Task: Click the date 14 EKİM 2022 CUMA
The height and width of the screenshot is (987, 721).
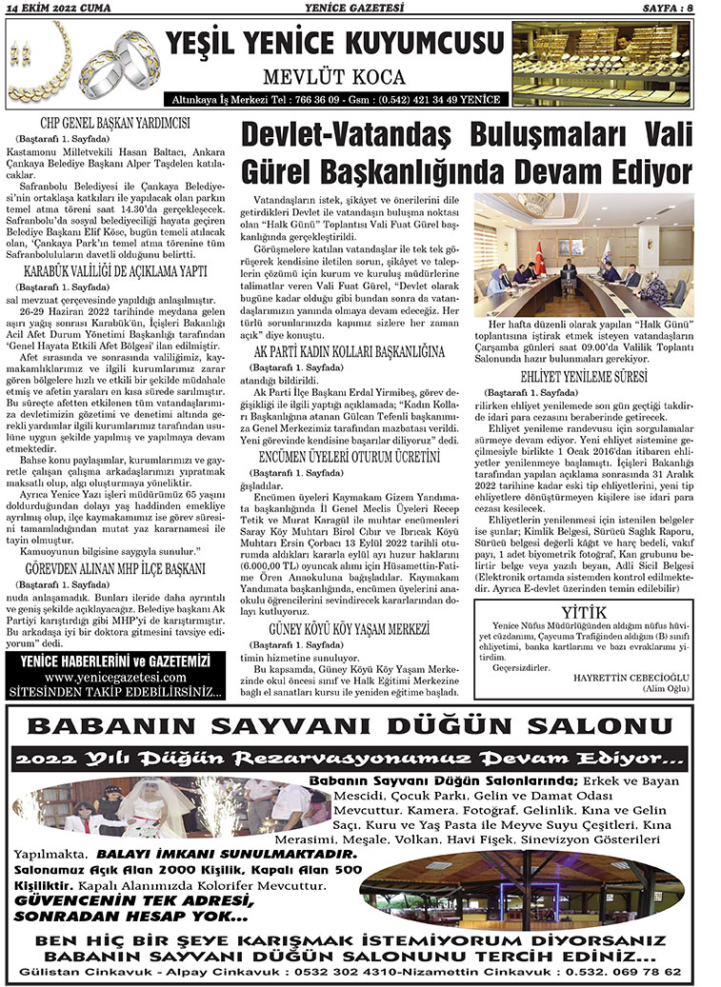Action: pos(56,8)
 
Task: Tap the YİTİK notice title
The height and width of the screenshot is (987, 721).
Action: pos(584,610)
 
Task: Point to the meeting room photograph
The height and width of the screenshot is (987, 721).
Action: pos(583,253)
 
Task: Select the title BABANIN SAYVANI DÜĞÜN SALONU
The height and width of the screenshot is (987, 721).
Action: pos(354,728)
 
